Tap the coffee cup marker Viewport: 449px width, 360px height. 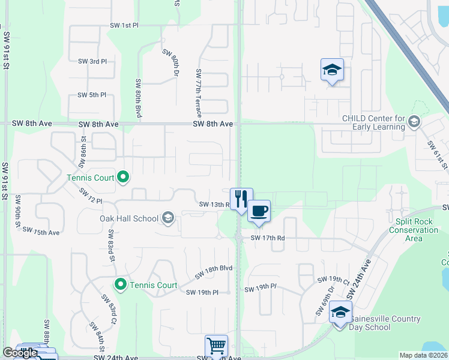pos(259,211)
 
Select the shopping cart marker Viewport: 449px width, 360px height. pos(216,346)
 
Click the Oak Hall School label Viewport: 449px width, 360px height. pos(128,218)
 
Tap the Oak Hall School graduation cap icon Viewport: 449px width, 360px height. pos(168,218)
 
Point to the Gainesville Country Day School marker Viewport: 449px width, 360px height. pos(340,313)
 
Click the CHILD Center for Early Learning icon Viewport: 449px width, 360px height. pos(414,122)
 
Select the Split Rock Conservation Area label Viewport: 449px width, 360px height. pos(414,230)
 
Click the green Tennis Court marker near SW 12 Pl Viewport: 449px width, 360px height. pos(123,177)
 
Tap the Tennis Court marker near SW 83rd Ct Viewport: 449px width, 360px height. pos(121,284)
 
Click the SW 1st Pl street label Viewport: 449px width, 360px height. pos(124,26)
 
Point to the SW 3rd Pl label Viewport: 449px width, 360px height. pos(92,61)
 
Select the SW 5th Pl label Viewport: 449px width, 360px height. pos(92,95)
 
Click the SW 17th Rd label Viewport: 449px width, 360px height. pos(267,238)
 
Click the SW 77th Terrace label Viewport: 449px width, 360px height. pos(198,92)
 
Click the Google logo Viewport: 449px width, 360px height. pos(20,353)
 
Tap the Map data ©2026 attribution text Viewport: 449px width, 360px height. pos(423,355)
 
